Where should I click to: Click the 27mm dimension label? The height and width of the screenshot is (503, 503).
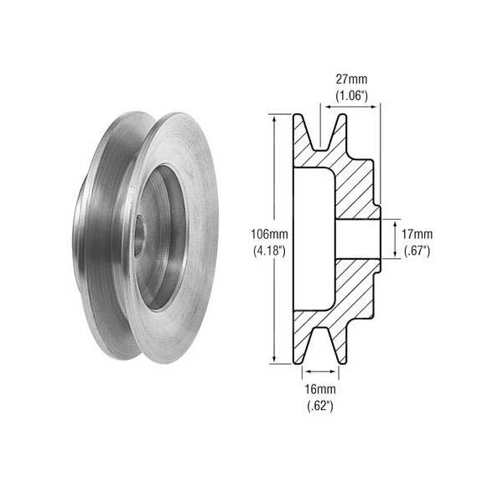click(x=351, y=80)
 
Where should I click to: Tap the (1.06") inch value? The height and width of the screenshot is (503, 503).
click(x=351, y=96)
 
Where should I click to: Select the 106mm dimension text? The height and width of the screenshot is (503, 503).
click(x=269, y=234)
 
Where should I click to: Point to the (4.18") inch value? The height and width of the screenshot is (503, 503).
click(x=269, y=251)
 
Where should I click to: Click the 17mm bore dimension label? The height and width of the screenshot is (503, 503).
click(x=417, y=234)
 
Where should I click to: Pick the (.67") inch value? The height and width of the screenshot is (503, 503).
click(x=417, y=251)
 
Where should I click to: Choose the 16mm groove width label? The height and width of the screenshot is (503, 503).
click(x=320, y=390)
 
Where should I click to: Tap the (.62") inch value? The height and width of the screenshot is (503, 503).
click(x=320, y=406)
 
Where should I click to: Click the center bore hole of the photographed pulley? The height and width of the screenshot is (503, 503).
click(x=139, y=236)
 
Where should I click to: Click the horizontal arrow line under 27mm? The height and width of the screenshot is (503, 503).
click(x=350, y=106)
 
